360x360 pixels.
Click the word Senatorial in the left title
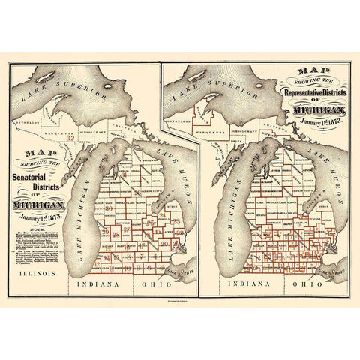[x=37, y=178]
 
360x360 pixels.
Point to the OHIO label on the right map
[x=308, y=285]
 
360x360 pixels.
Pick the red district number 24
[x=163, y=215]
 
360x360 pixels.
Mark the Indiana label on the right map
[x=251, y=285]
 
